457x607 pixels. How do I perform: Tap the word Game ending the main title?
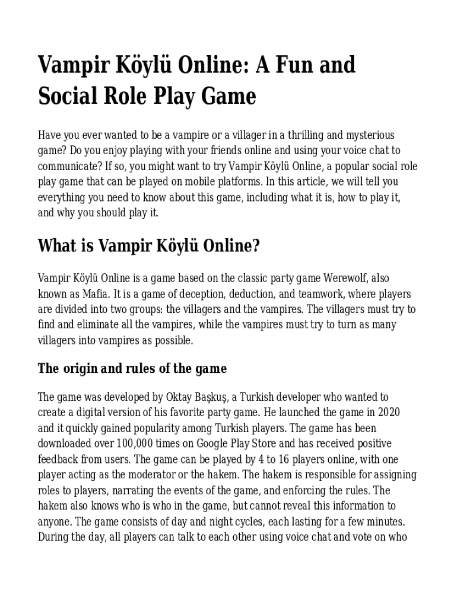pos(230,96)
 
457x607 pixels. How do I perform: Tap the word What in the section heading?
pos(56,246)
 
